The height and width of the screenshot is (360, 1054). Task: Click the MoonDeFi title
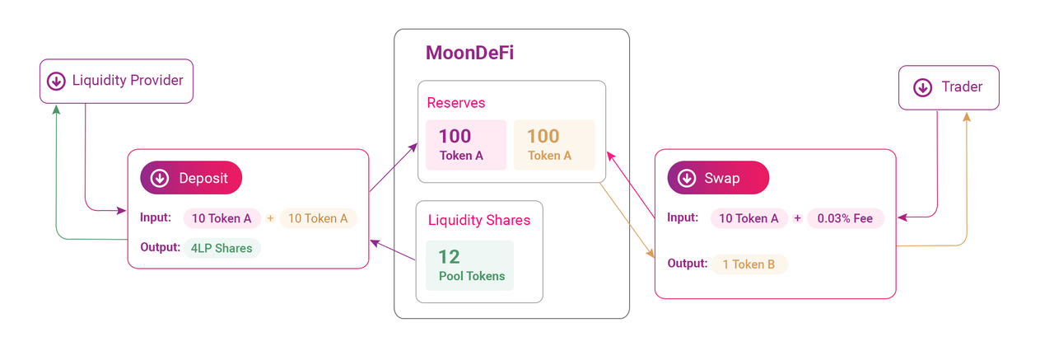(469, 53)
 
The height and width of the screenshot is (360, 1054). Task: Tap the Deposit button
(191, 178)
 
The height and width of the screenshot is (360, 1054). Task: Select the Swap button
(718, 178)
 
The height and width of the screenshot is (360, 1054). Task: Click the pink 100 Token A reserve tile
(466, 145)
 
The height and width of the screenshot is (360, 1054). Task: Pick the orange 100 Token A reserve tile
(554, 145)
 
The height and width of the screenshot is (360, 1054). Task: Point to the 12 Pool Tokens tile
(469, 265)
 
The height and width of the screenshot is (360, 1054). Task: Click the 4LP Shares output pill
(222, 248)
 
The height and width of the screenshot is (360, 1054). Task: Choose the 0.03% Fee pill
(846, 218)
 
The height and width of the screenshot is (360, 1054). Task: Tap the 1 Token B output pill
(749, 264)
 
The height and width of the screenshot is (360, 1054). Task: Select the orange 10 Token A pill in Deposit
(319, 218)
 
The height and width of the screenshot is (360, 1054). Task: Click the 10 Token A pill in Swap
(749, 218)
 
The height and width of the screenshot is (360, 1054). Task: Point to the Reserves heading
(456, 103)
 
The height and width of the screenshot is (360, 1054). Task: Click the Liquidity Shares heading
(479, 220)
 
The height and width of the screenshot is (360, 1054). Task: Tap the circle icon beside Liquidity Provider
(56, 81)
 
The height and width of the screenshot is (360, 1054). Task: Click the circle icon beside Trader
(923, 87)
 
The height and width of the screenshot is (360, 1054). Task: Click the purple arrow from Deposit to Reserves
(394, 167)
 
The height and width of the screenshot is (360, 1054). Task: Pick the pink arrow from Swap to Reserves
(631, 185)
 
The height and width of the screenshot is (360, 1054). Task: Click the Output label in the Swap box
(688, 263)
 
